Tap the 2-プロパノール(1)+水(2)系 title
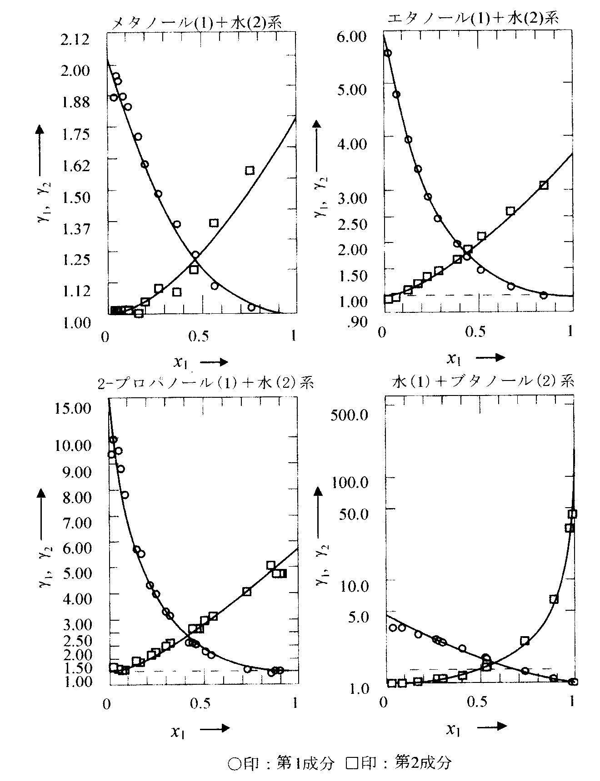205,383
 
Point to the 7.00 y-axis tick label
75,523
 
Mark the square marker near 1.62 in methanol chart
250,171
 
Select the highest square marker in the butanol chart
572,514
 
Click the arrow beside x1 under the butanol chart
492,726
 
